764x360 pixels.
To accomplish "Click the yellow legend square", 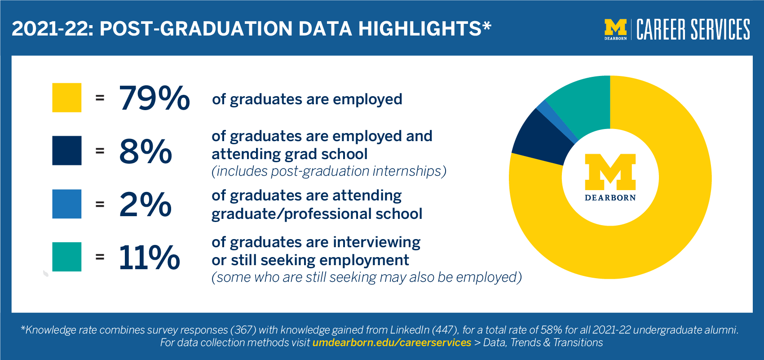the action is (x=67, y=98).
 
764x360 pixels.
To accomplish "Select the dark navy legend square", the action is (x=67, y=151).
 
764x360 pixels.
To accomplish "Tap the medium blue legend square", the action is (x=67, y=204).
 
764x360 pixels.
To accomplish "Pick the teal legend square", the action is (x=67, y=257).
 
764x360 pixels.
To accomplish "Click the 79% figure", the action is (x=154, y=98).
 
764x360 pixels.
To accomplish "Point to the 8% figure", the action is (x=146, y=151).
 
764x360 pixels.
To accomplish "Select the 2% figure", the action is (x=145, y=204).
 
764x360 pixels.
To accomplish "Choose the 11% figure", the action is (x=149, y=257).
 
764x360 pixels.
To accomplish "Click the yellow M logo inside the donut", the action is (x=610, y=172).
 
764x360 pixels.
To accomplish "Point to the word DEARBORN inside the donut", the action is (x=610, y=198).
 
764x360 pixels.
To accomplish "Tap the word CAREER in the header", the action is (x=661, y=29).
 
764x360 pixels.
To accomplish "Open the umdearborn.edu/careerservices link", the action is (x=392, y=342).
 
